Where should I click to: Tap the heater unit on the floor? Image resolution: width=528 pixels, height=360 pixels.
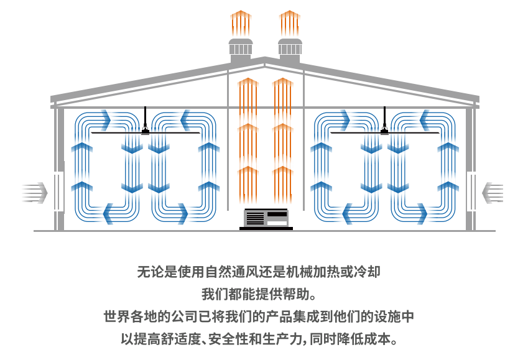(266, 218)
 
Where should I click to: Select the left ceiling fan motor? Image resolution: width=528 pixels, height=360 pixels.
(146, 130)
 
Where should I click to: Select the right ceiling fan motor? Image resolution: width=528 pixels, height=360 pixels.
(384, 130)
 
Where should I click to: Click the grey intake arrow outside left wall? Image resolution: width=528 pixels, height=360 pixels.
(35, 192)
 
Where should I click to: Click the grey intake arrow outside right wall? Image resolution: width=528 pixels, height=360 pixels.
(493, 192)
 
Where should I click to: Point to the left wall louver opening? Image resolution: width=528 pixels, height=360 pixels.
(59, 192)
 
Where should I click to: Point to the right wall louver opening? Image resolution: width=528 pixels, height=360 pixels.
(471, 192)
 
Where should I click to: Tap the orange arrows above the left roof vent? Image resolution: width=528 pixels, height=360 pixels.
(240, 23)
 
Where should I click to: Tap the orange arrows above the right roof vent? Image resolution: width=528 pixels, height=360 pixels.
(289, 23)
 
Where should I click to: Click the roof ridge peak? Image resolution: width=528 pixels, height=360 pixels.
(265, 60)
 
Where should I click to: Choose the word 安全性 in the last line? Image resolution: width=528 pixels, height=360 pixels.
(244, 339)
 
